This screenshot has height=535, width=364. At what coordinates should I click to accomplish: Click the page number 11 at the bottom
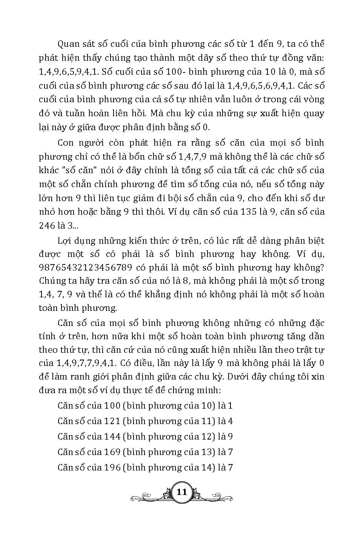[182, 492]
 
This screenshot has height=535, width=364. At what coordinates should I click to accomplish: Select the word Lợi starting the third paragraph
[65, 241]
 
